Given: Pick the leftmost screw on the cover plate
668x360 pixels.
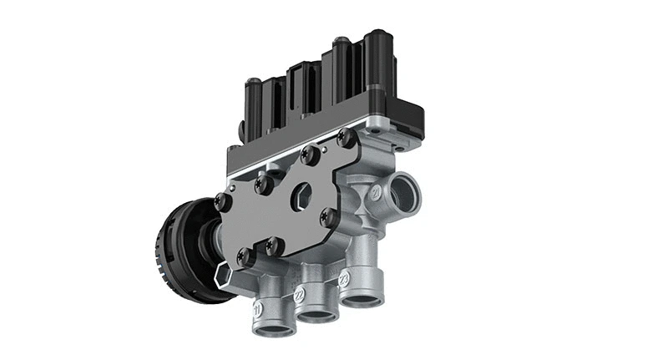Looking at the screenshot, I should click(x=220, y=200).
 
